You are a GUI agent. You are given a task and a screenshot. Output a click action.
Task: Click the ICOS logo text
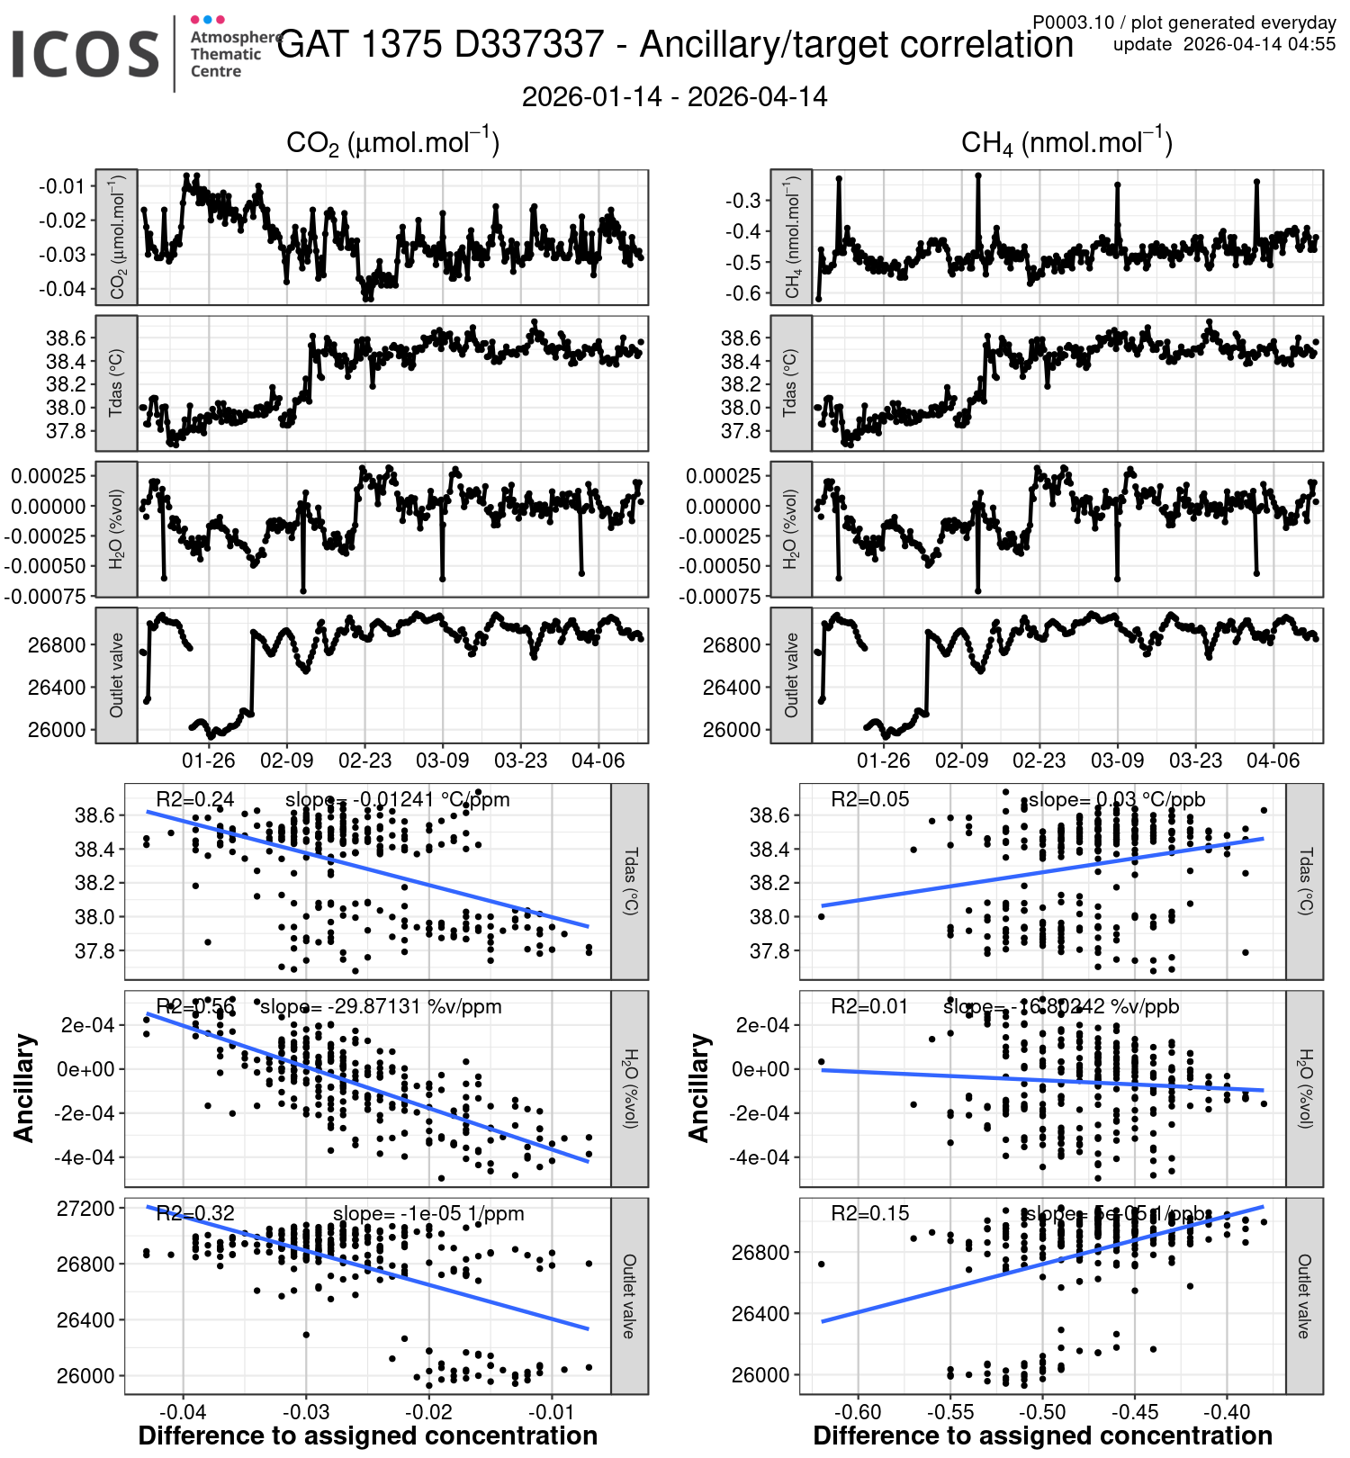[x=85, y=54]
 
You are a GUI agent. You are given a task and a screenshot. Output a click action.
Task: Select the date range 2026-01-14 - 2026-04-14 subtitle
[x=674, y=97]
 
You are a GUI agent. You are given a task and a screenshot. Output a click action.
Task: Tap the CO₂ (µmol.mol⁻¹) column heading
[x=392, y=142]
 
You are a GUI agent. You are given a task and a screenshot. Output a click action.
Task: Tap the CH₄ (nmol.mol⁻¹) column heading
[x=1066, y=142]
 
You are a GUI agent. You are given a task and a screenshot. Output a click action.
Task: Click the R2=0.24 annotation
[x=194, y=799]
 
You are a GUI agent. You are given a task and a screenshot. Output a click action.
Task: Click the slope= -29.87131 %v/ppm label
[x=381, y=1006]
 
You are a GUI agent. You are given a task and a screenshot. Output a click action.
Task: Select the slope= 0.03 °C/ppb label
[x=1116, y=799]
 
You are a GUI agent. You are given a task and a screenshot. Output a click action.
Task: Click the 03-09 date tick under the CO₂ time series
[x=442, y=760]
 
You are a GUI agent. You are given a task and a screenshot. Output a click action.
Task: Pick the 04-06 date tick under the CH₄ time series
[x=1273, y=760]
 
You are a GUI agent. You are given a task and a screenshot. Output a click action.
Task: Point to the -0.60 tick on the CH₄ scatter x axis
[x=858, y=1411]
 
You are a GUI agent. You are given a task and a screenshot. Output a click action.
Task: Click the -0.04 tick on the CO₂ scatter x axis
[x=184, y=1411]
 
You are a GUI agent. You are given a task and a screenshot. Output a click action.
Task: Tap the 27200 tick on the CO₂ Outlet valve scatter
[x=85, y=1208]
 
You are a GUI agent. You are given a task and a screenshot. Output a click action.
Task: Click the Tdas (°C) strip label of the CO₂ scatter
[x=630, y=881]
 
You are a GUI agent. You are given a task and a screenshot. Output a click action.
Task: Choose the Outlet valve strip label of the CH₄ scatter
[x=1304, y=1296]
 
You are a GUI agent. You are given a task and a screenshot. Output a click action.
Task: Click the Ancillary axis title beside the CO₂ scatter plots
[x=24, y=1088]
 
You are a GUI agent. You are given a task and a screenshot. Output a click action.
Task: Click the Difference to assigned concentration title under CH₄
[x=1042, y=1435]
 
